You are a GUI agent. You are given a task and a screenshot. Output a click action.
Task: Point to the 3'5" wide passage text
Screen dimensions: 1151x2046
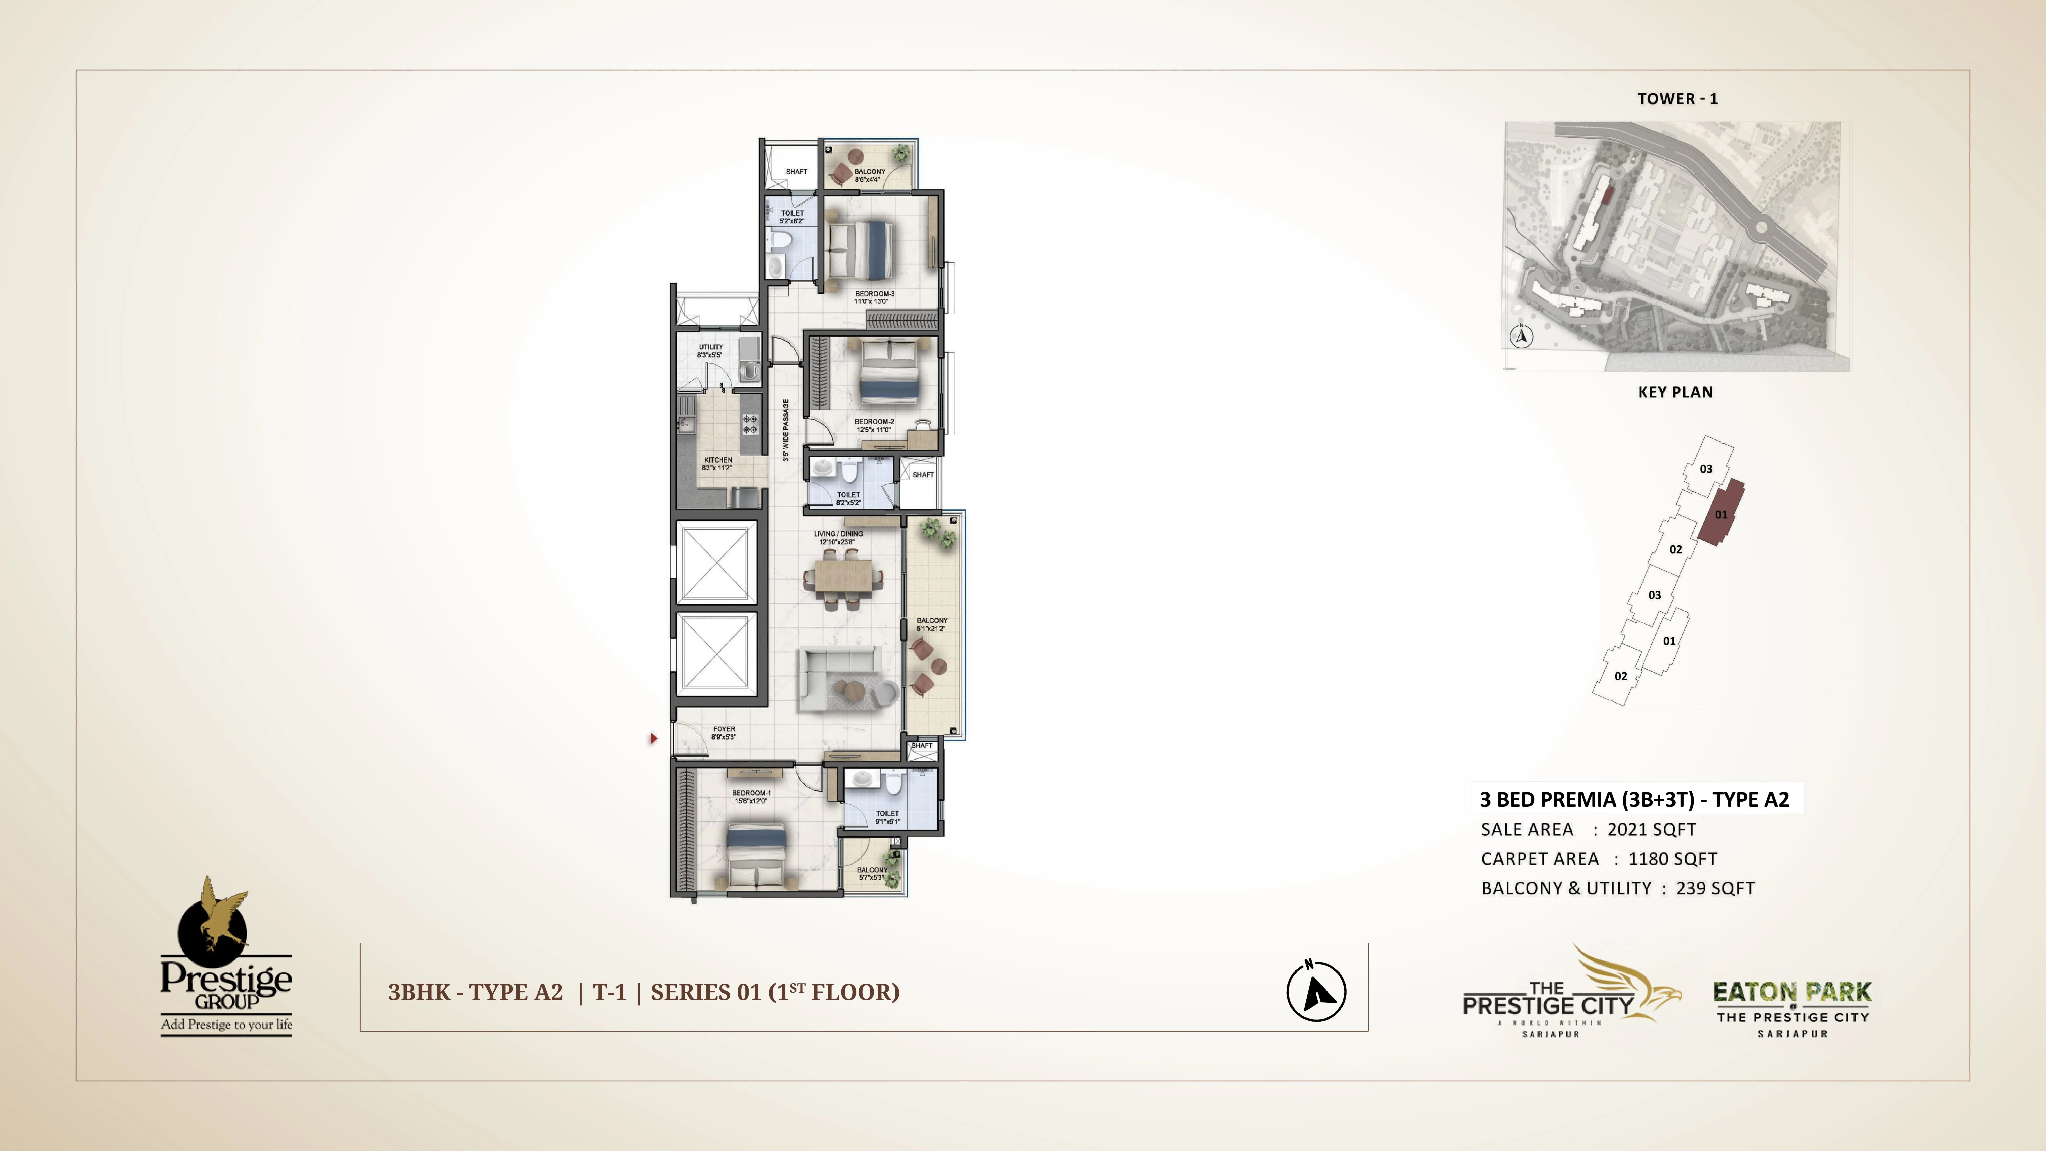coord(785,430)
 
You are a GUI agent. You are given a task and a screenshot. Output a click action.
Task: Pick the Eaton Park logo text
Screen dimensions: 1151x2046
coord(1792,992)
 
